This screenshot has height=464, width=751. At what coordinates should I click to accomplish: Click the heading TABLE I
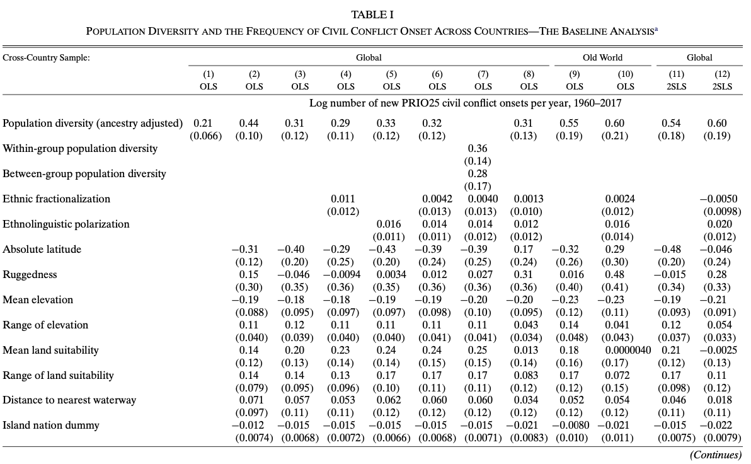[x=372, y=15]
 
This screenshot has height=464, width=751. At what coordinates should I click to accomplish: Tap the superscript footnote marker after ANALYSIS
[x=656, y=29]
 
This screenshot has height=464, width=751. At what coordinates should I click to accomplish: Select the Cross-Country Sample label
[x=46, y=58]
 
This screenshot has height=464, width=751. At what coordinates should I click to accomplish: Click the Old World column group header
[x=602, y=57]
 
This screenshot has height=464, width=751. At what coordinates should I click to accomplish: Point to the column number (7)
[x=483, y=74]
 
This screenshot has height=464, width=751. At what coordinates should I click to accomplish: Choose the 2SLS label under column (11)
[x=676, y=87]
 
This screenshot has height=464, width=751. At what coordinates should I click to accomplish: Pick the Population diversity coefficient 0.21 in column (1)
[x=203, y=123]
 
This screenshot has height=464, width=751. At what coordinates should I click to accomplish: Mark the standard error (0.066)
[x=206, y=136]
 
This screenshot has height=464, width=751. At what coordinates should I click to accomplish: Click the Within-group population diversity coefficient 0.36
[x=478, y=149]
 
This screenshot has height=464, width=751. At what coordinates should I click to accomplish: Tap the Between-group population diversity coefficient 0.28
[x=478, y=173]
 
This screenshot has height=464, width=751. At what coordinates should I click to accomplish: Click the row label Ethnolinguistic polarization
[x=66, y=224]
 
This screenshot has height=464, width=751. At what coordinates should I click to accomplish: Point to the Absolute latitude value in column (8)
[x=524, y=249]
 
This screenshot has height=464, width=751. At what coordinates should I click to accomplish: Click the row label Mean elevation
[x=38, y=300]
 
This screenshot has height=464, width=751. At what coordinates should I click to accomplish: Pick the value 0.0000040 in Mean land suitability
[x=628, y=351]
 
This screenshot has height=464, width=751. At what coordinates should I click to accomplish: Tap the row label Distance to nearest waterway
[x=69, y=400]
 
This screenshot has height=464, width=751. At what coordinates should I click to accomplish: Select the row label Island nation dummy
[x=51, y=426]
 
